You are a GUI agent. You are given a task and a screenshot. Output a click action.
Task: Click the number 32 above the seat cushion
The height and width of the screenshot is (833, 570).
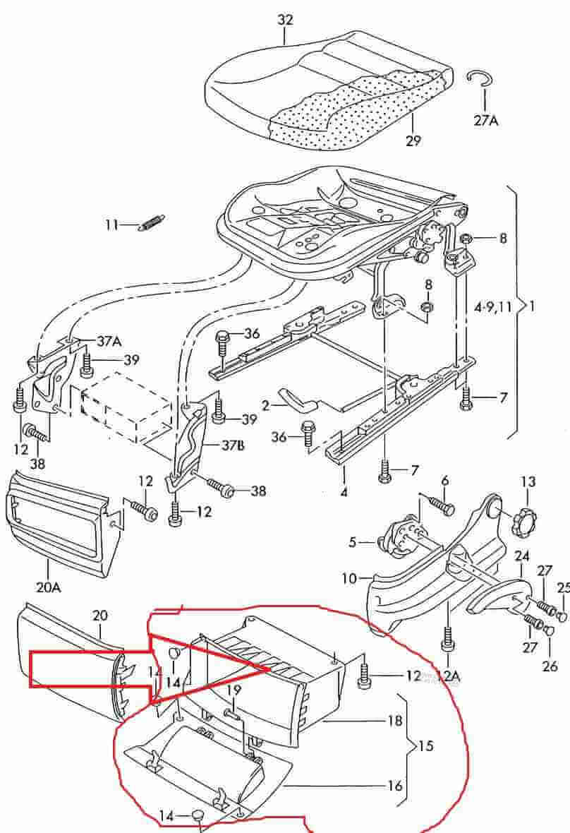tap(284, 20)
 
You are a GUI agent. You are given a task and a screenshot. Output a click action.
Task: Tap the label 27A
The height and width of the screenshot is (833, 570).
tap(485, 120)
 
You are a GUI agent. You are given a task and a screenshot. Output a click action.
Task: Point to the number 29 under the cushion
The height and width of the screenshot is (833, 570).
tap(413, 140)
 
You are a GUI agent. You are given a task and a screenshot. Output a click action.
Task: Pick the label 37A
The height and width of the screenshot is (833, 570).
tap(109, 342)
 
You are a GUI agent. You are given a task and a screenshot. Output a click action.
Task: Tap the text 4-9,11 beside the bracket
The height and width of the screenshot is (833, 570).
tap(492, 307)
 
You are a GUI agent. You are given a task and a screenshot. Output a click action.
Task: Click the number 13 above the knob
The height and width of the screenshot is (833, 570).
tap(528, 482)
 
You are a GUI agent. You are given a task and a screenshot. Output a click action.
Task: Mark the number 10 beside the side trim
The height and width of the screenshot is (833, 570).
tap(350, 579)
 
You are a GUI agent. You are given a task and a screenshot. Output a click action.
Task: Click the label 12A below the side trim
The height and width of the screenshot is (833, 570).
tap(447, 676)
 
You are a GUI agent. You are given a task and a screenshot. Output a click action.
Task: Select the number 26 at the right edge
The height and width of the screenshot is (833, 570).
tap(550, 665)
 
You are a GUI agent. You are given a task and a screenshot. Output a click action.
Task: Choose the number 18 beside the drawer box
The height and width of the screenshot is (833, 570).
tap(395, 721)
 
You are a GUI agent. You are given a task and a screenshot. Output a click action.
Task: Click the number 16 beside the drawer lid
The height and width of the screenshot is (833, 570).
tap(395, 785)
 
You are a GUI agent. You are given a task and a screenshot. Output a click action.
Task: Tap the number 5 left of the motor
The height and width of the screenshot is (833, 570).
tap(353, 543)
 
